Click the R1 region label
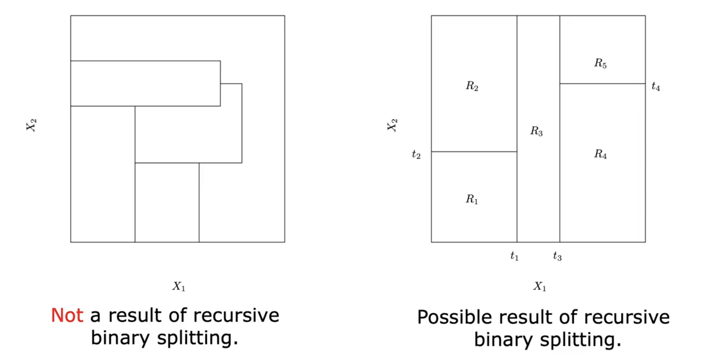click(472, 199)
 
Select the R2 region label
click(472, 86)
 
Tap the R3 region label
click(536, 131)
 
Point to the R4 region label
click(600, 154)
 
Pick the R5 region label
click(600, 63)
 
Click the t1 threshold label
click(514, 256)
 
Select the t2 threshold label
click(416, 155)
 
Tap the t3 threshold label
click(557, 256)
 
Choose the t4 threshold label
click(656, 86)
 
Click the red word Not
click(67, 315)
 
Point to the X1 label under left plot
click(179, 286)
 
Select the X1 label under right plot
click(540, 286)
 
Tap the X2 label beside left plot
click(31, 125)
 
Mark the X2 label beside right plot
click(392, 125)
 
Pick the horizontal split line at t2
click(474, 152)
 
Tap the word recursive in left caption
click(236, 315)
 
